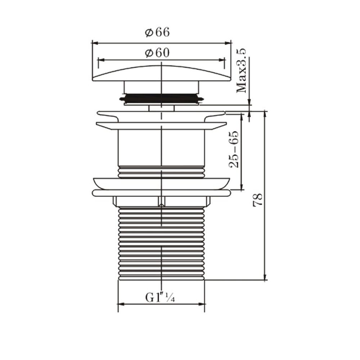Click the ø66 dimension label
pyautogui.click(x=157, y=32)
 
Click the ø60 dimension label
pyautogui.click(x=157, y=53)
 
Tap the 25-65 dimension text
pyautogui.click(x=234, y=149)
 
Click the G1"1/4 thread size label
pyautogui.click(x=160, y=297)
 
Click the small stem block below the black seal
pyautogui.click(x=161, y=108)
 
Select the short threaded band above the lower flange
pyautogui.click(x=161, y=172)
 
